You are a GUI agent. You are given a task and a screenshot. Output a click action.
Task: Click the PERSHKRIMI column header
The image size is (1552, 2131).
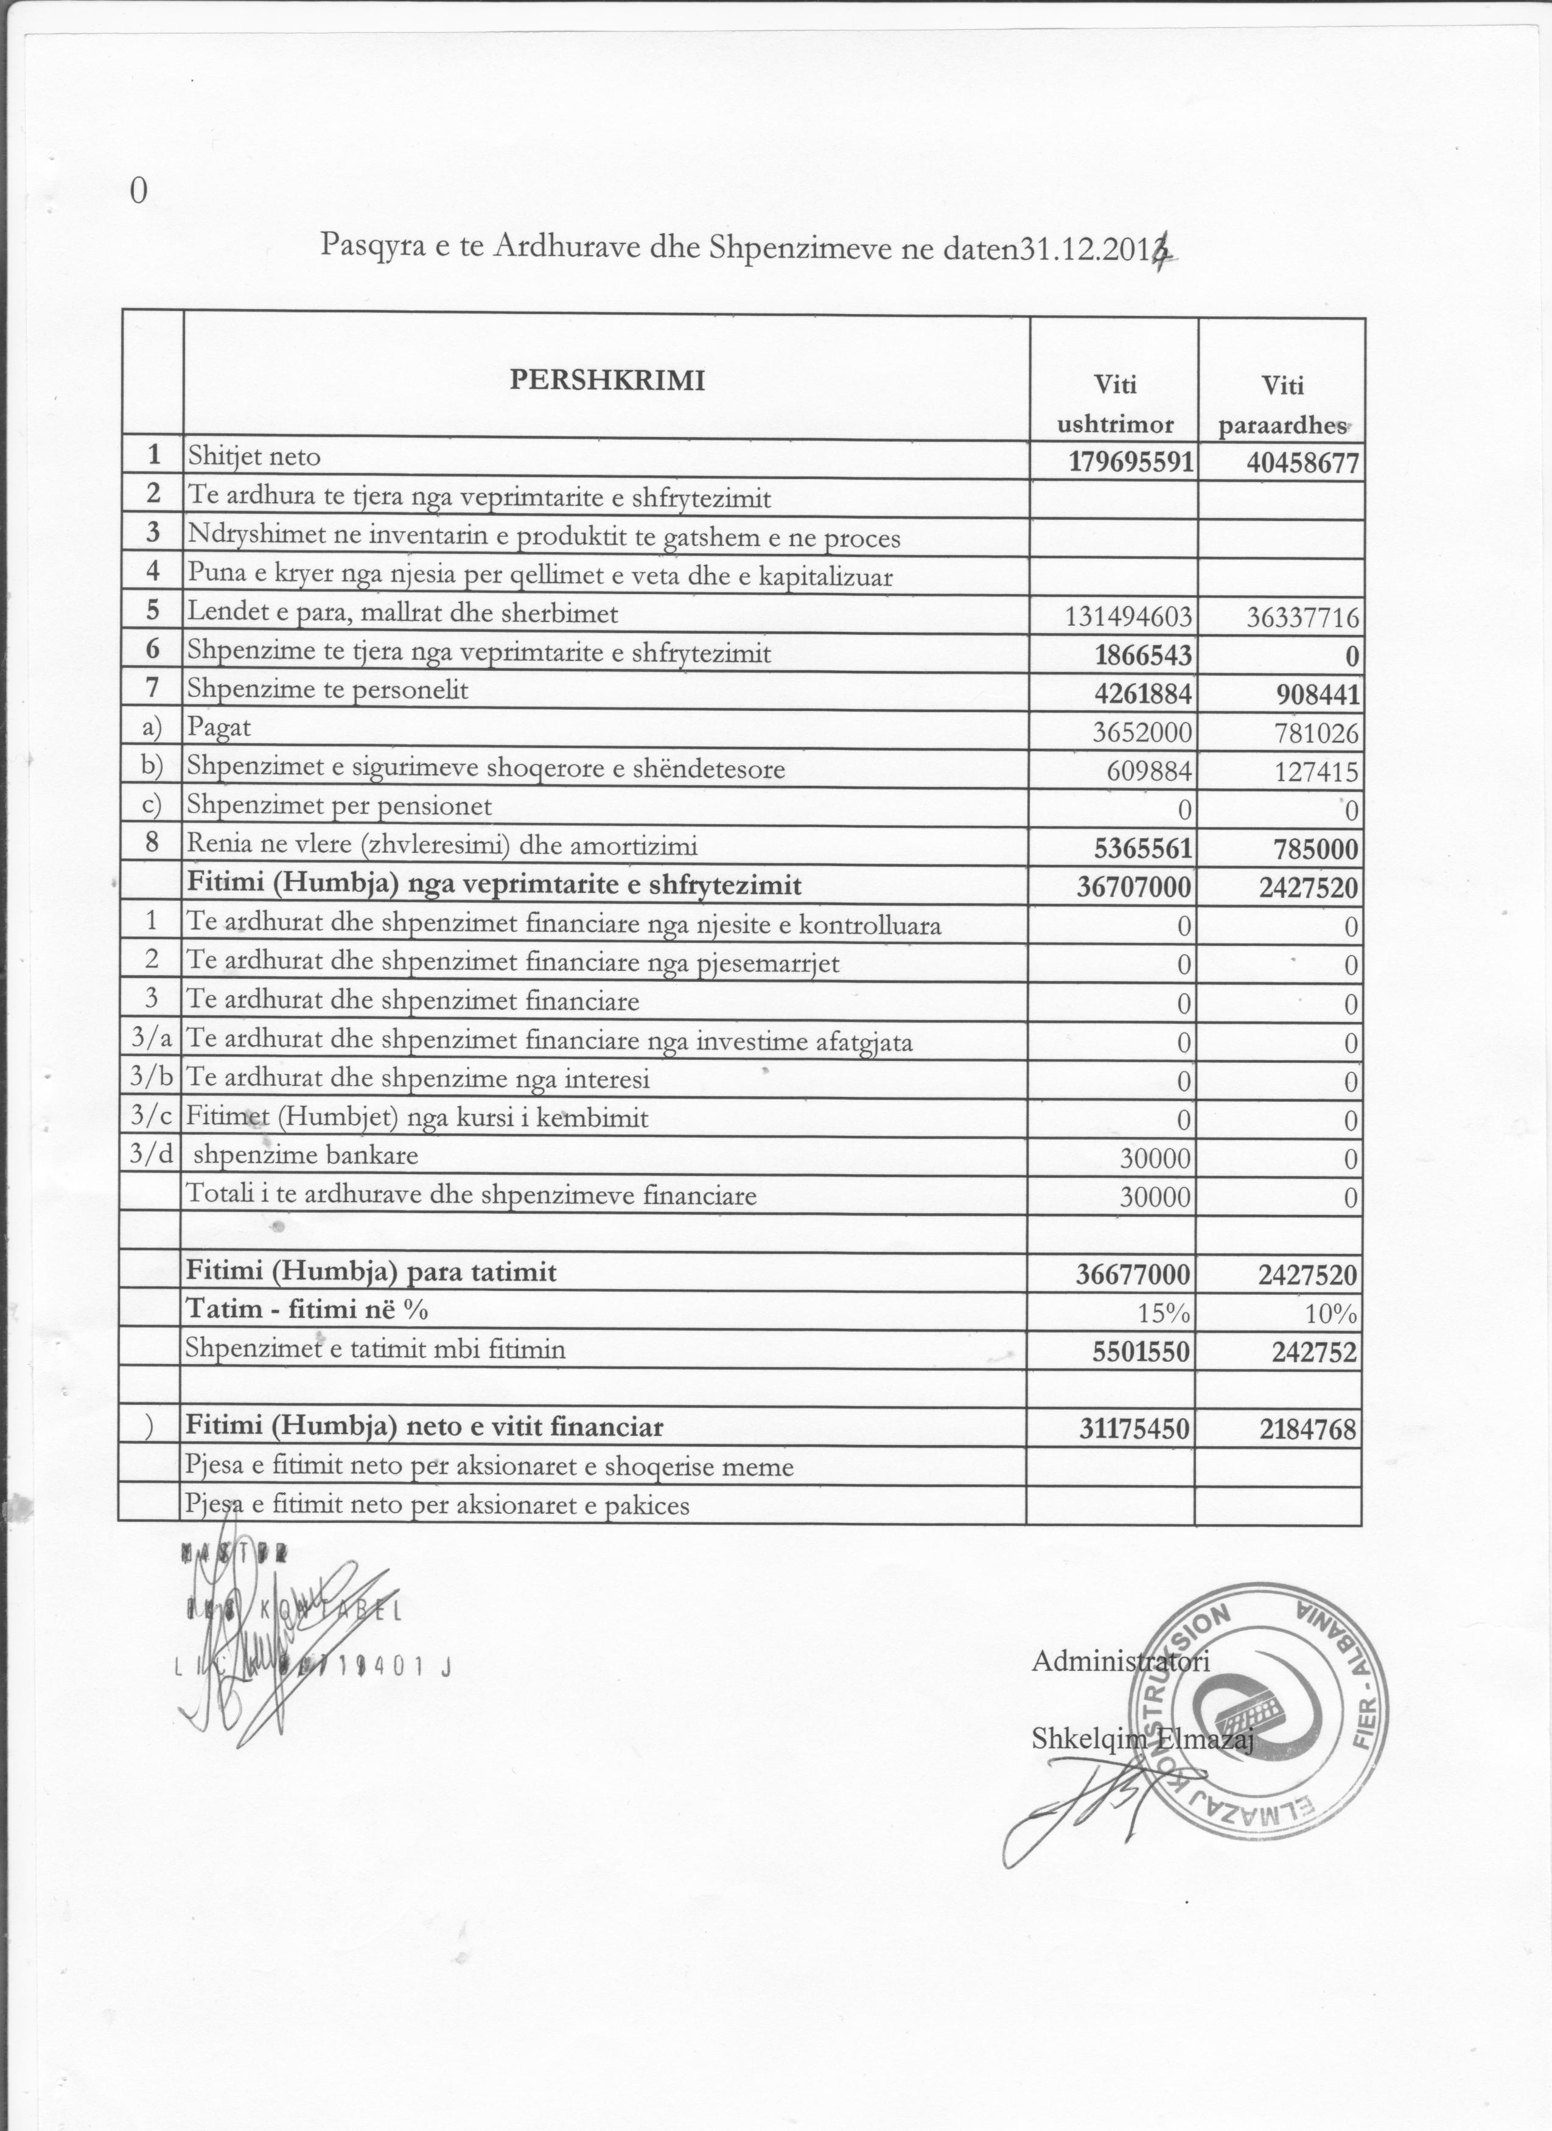606,380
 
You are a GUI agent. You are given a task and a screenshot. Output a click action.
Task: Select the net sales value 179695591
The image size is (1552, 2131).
1131,462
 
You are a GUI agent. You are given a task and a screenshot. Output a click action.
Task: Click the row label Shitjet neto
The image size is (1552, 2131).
254,458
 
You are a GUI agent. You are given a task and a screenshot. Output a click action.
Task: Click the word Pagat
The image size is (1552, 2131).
219,728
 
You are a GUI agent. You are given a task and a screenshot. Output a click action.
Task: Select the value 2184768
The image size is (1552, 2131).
1308,1430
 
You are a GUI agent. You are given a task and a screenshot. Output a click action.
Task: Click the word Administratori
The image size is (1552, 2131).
1120,1661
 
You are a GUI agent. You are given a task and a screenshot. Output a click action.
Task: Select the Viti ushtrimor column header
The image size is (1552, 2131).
1115,404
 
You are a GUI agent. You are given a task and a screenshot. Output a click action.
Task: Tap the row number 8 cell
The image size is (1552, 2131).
152,843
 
